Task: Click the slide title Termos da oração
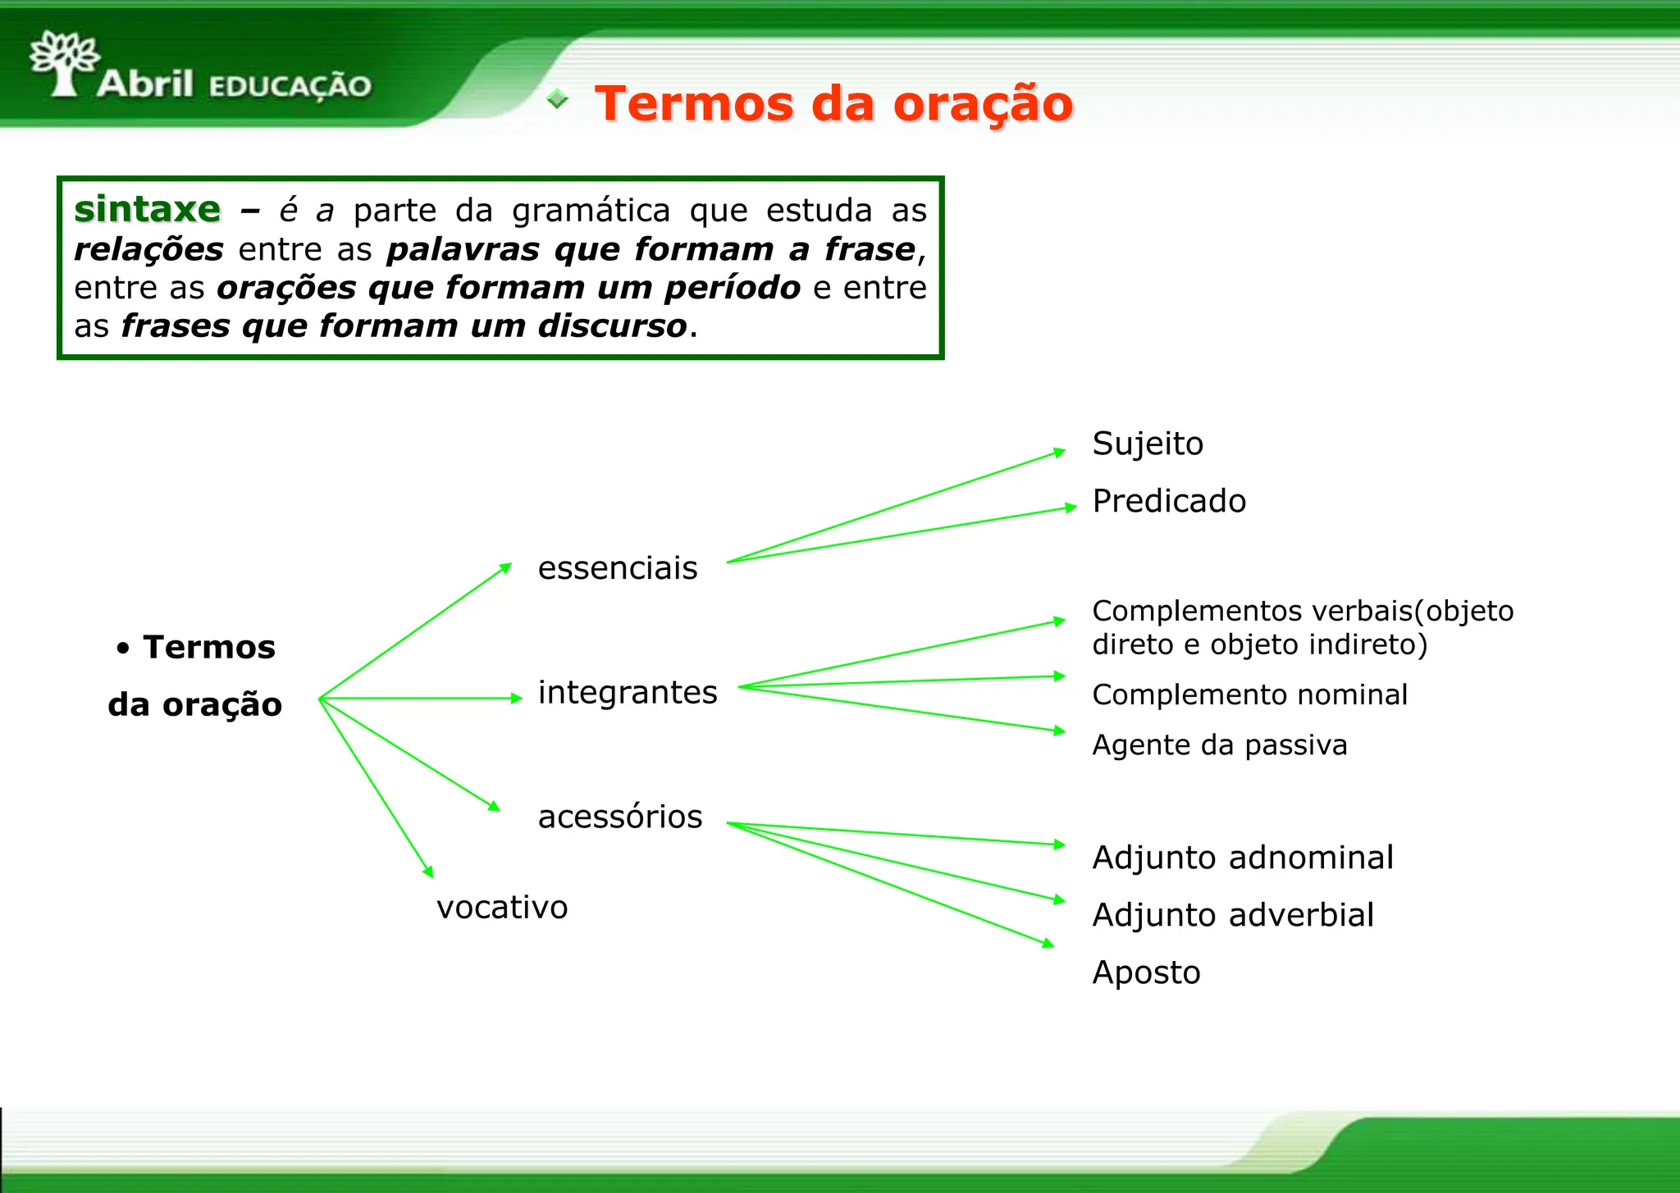pyautogui.click(x=833, y=104)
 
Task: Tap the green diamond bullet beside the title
pyautogui.click(x=557, y=99)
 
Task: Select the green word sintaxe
pyautogui.click(x=148, y=210)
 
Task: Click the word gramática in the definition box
pyautogui.click(x=591, y=212)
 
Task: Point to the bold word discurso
pyautogui.click(x=612, y=326)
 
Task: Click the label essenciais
pyautogui.click(x=617, y=568)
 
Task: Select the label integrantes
pyautogui.click(x=628, y=693)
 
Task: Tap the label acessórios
pyautogui.click(x=620, y=817)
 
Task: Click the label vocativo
pyautogui.click(x=502, y=908)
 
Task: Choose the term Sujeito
pyautogui.click(x=1148, y=444)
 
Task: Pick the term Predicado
pyautogui.click(x=1169, y=502)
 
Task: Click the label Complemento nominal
pyautogui.click(x=1249, y=695)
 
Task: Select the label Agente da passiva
pyautogui.click(x=1219, y=745)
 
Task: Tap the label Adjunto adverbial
pyautogui.click(x=1233, y=915)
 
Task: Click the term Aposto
pyautogui.click(x=1146, y=973)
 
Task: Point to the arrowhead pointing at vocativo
pyautogui.click(x=428, y=872)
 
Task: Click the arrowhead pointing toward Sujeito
pyautogui.click(x=1059, y=453)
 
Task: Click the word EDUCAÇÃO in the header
pyautogui.click(x=290, y=86)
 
